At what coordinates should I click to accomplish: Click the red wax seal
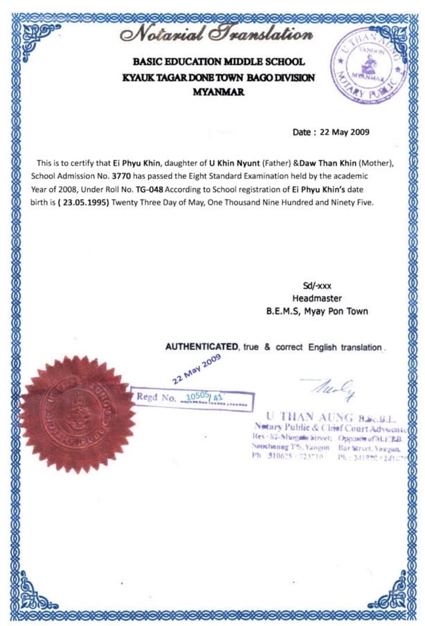point(77,404)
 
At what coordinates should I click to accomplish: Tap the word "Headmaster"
point(317,298)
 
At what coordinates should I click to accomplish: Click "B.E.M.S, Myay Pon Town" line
point(317,311)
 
